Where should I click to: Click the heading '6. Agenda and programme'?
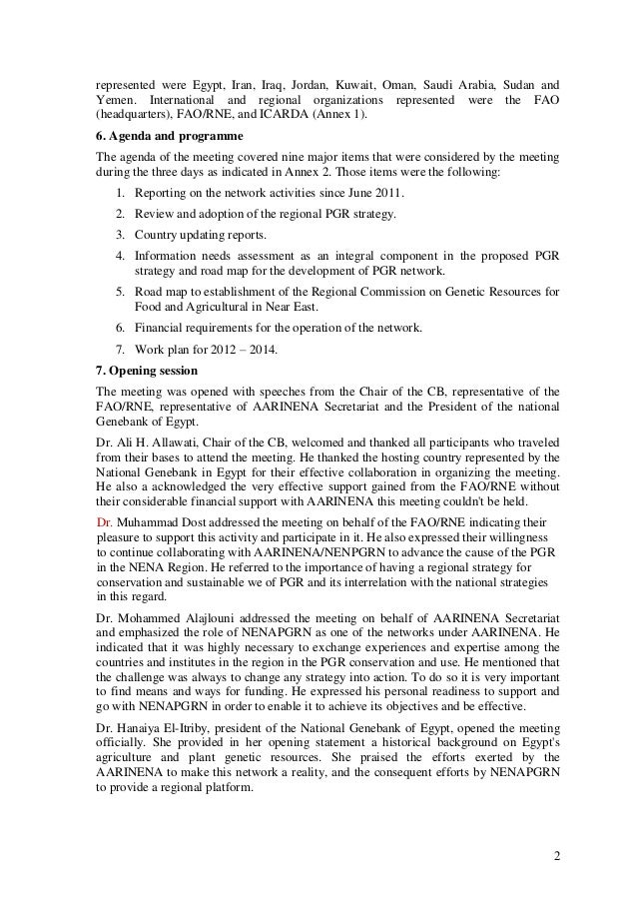point(159,138)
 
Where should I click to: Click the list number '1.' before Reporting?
point(121,192)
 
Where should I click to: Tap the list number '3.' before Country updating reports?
point(121,235)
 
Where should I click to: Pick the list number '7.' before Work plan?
point(121,348)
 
